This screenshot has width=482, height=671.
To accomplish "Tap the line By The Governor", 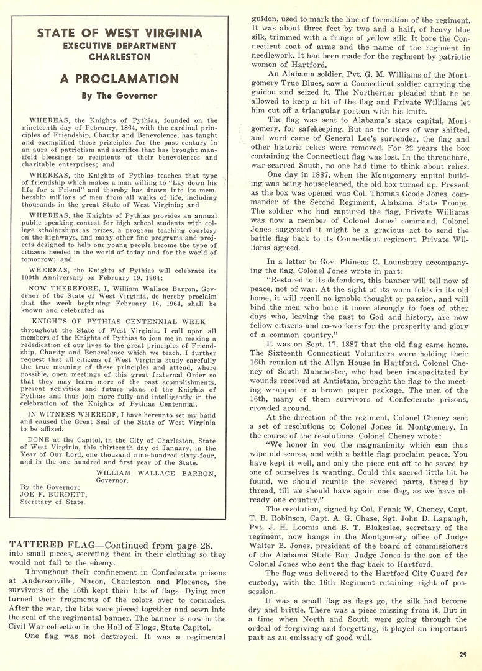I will [119, 96].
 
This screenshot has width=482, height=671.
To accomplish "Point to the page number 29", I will [463, 654].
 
